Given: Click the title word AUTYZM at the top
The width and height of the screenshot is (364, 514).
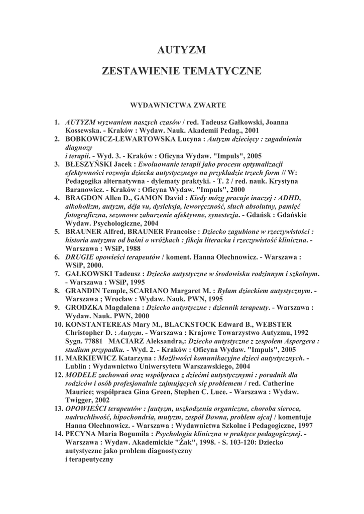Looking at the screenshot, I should pos(182,50).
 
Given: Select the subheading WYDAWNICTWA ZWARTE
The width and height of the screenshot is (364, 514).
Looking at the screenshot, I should pos(178,105).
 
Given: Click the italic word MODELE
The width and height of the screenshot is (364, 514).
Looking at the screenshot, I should pos(81,375).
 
